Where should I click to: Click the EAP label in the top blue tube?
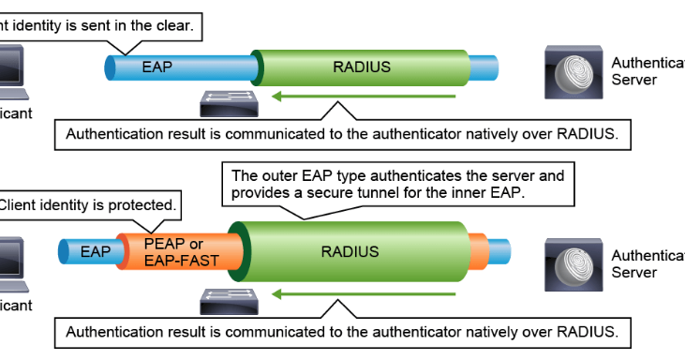point(157,67)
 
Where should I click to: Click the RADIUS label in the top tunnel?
point(362,67)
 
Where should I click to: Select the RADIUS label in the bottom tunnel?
point(350,251)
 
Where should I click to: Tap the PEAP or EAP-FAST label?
point(176,251)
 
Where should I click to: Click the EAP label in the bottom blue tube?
point(96,251)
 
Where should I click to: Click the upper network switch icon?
point(229,100)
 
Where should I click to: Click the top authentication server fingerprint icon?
point(573,73)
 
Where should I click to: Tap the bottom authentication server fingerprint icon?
point(573,265)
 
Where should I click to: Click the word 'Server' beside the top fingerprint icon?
point(634,81)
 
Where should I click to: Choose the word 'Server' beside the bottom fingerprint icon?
point(634,273)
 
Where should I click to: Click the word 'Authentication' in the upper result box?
point(109,134)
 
